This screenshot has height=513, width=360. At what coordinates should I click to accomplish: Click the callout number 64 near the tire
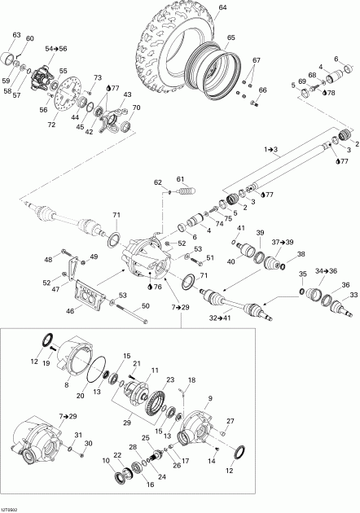pyautogui.click(x=222, y=8)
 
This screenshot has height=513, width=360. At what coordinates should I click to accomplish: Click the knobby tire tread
pyautogui.click(x=155, y=41)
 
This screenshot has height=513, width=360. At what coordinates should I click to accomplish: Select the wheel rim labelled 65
pyautogui.click(x=205, y=69)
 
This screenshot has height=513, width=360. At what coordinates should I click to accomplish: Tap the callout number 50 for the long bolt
pyautogui.click(x=147, y=305)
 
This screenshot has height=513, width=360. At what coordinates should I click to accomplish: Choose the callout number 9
pyautogui.click(x=210, y=398)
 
